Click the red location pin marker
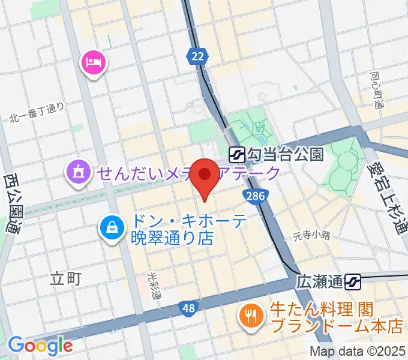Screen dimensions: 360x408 pos(207,178)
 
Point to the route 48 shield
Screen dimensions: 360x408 pos(188,308)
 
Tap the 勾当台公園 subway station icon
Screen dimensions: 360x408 pos(236,155)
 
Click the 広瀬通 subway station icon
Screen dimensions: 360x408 pos(353,280)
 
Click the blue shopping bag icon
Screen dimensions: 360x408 pos(112,226)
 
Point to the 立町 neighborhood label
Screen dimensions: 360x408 pos(65,278)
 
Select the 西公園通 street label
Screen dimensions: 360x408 pos(11,204)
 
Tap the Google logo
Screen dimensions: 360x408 pos(40,345)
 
